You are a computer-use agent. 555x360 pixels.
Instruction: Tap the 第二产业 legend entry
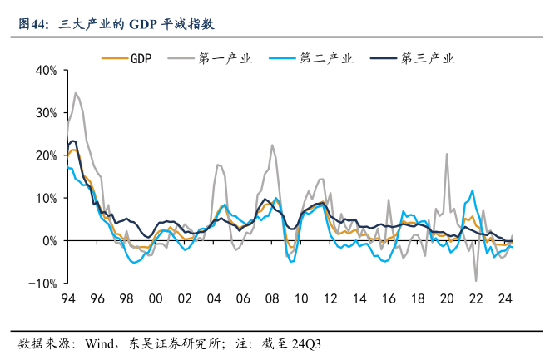click(326, 58)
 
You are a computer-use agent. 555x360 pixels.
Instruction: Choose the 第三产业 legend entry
click(428, 58)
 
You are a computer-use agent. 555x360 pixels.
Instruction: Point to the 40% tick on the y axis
click(46, 70)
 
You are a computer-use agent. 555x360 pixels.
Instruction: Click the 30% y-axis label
click(46, 113)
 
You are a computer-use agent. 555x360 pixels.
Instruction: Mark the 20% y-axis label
click(46, 155)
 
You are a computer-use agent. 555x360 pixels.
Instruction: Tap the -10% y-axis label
click(43, 284)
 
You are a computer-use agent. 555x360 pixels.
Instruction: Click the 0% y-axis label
click(49, 241)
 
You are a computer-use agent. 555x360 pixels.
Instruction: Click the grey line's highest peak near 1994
click(76, 93)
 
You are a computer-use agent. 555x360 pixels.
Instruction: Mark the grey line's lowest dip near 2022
click(477, 280)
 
